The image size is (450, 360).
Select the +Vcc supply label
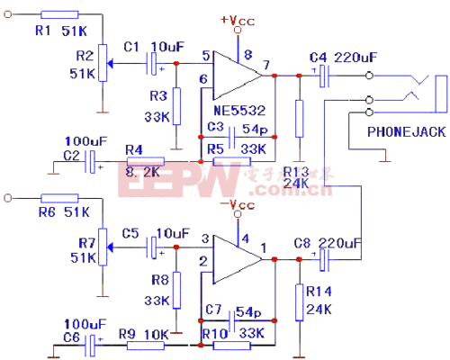pyautogui.click(x=237, y=20)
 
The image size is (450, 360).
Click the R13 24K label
pyautogui.click(x=298, y=177)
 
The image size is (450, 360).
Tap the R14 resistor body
pyautogui.click(x=298, y=297)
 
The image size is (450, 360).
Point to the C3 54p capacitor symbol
pyautogui.click(x=232, y=137)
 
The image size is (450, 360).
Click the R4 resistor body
pyautogui.click(x=145, y=162)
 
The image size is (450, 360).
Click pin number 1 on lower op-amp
pyautogui.click(x=262, y=247)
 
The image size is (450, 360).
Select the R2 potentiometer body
pyautogui.click(x=102, y=63)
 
